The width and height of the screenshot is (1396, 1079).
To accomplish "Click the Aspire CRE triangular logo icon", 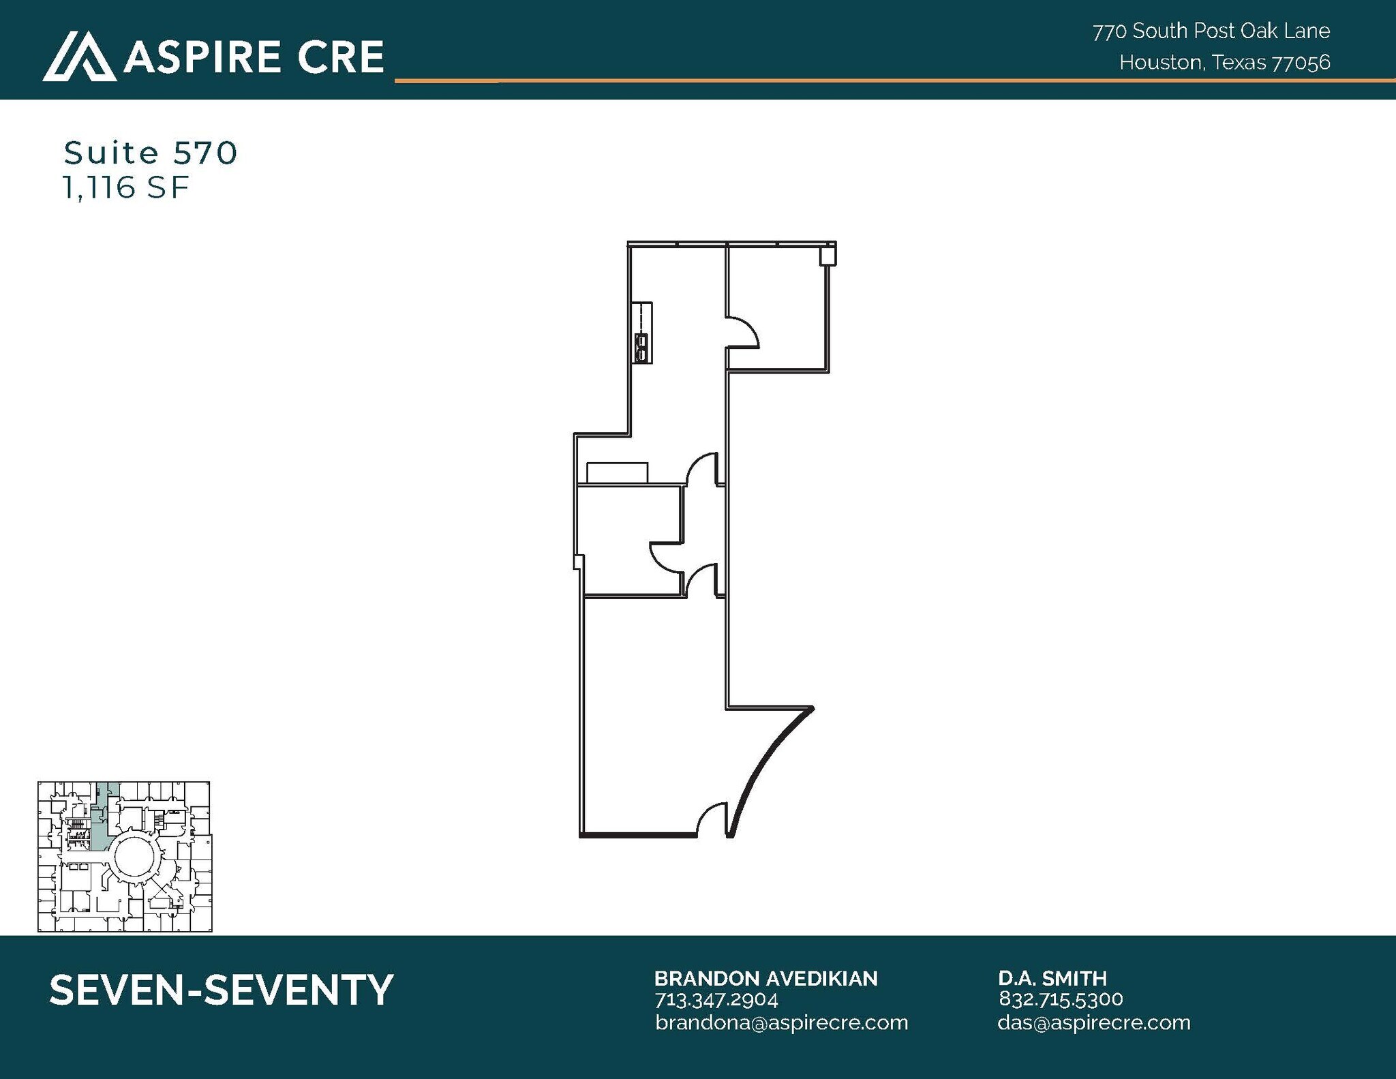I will [79, 56].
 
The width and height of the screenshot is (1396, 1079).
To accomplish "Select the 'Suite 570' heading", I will [151, 153].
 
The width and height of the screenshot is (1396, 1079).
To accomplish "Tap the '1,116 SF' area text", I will [125, 187].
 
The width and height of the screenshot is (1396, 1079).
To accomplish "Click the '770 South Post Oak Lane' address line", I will [1211, 31].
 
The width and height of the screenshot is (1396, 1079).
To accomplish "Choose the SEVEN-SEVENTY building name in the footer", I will [222, 990].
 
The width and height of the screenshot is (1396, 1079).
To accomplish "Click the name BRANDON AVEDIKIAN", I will [765, 978].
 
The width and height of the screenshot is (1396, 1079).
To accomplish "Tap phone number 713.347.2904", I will [716, 999].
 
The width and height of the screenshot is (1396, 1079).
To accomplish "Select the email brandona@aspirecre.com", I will [781, 1022].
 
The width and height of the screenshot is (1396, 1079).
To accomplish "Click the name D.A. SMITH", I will [1052, 978].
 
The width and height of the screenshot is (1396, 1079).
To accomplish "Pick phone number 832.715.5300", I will [1060, 999].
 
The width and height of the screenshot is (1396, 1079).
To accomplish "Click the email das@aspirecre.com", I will [1093, 1022].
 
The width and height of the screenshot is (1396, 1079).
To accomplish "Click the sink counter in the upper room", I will [642, 333].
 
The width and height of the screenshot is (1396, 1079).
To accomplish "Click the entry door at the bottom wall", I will [712, 819].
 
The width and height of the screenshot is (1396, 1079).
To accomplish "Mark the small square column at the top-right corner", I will [828, 256].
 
